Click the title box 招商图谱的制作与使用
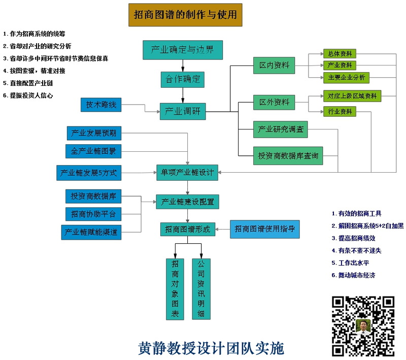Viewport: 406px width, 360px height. (185, 15)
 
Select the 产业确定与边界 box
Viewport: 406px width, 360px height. (183, 50)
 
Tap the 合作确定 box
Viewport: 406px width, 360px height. (183, 80)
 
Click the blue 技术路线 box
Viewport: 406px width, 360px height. (101, 105)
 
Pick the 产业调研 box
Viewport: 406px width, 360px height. (183, 111)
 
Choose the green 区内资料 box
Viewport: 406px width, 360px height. (274, 66)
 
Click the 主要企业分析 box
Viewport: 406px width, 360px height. (346, 78)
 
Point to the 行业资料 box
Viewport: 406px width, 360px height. (340, 112)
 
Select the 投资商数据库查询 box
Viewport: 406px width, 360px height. (288, 156)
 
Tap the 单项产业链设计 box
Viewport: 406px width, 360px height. (187, 173)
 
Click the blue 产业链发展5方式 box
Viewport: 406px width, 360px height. (89, 173)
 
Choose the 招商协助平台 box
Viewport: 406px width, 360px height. (93, 214)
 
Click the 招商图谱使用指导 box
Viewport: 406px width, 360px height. (264, 229)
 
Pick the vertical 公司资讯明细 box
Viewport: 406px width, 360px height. (201, 289)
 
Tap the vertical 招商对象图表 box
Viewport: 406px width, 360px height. (175, 289)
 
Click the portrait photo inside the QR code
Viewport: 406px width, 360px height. (363, 326)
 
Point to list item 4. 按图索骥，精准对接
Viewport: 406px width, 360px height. (34, 71)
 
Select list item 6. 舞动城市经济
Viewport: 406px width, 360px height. (353, 275)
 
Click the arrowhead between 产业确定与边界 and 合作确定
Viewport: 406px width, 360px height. (183, 69)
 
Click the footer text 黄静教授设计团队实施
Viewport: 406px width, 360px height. (211, 348)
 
